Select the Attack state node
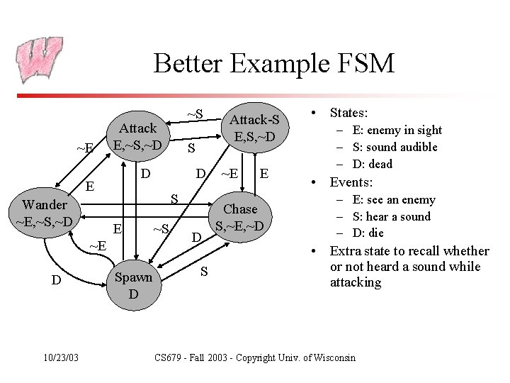[138, 137]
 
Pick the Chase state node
[240, 218]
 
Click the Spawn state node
[133, 285]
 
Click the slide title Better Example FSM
[273, 63]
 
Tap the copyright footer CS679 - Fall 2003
[255, 357]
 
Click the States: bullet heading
[348, 112]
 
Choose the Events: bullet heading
[351, 182]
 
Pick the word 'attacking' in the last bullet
[356, 282]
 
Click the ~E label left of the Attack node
[85, 148]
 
